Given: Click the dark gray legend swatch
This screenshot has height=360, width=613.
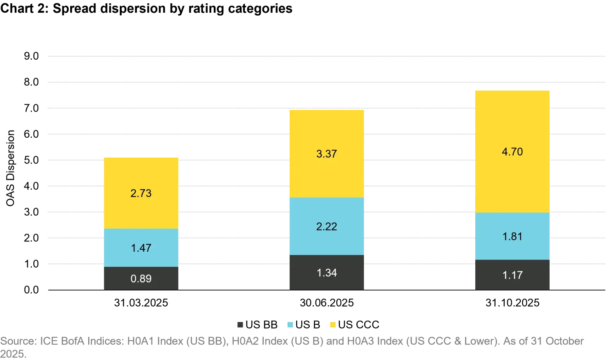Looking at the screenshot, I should coord(240,325).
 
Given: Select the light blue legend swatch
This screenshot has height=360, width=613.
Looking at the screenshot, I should coord(289,325).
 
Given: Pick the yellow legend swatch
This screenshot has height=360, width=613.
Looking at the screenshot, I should coord(333,325).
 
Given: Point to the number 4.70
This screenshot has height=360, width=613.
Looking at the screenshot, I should coord(512,152).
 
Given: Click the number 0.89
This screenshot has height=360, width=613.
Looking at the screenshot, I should coord(141,279).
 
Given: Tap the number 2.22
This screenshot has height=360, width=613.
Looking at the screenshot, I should coord(327,227).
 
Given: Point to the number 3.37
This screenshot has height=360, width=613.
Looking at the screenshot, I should coord(327,154).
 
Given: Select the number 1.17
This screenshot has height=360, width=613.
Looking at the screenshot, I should coord(512,275).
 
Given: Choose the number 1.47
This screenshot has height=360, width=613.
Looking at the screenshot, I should coord(141,248).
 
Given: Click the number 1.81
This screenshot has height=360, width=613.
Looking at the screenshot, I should coord(512,237).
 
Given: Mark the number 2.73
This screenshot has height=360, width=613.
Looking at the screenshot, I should coord(141,193).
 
